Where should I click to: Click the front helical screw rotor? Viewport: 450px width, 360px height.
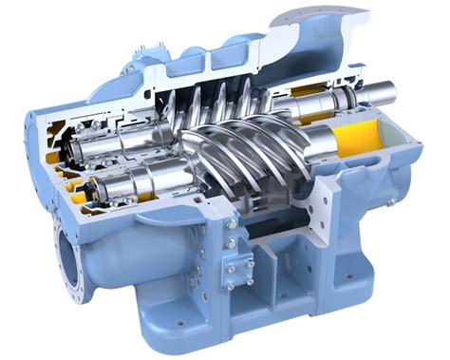pyautogui.click(x=256, y=157)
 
